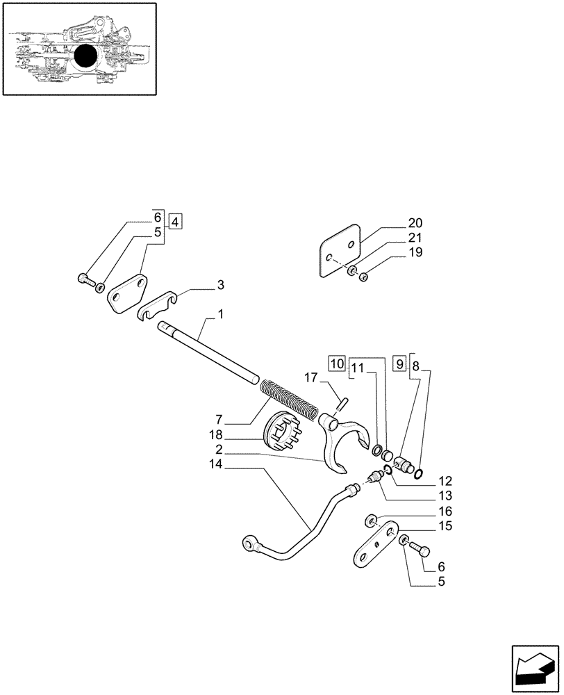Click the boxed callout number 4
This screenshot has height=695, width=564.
click(175, 222)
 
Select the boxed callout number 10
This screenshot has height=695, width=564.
click(337, 363)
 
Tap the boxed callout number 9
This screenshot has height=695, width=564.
click(399, 363)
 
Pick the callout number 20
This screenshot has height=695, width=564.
click(415, 223)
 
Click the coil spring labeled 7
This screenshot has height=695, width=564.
click(289, 400)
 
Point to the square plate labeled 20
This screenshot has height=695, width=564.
click(341, 251)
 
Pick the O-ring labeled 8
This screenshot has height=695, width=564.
click(418, 475)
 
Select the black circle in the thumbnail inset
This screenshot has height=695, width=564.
click(86, 56)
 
